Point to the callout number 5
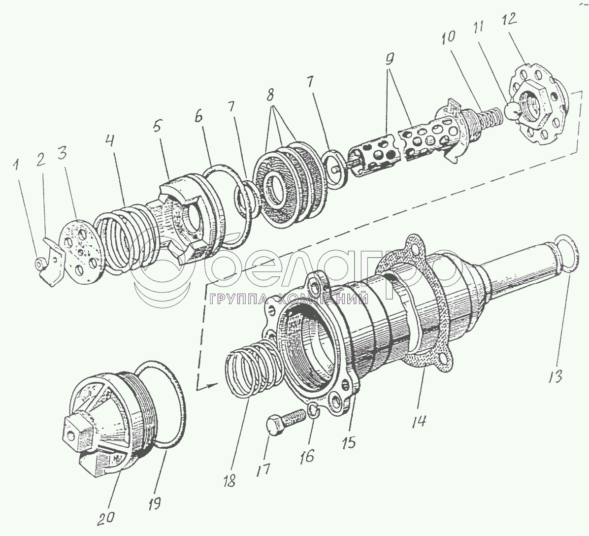pos(156,127)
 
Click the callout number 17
pos(262,469)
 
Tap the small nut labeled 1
pos(39,265)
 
